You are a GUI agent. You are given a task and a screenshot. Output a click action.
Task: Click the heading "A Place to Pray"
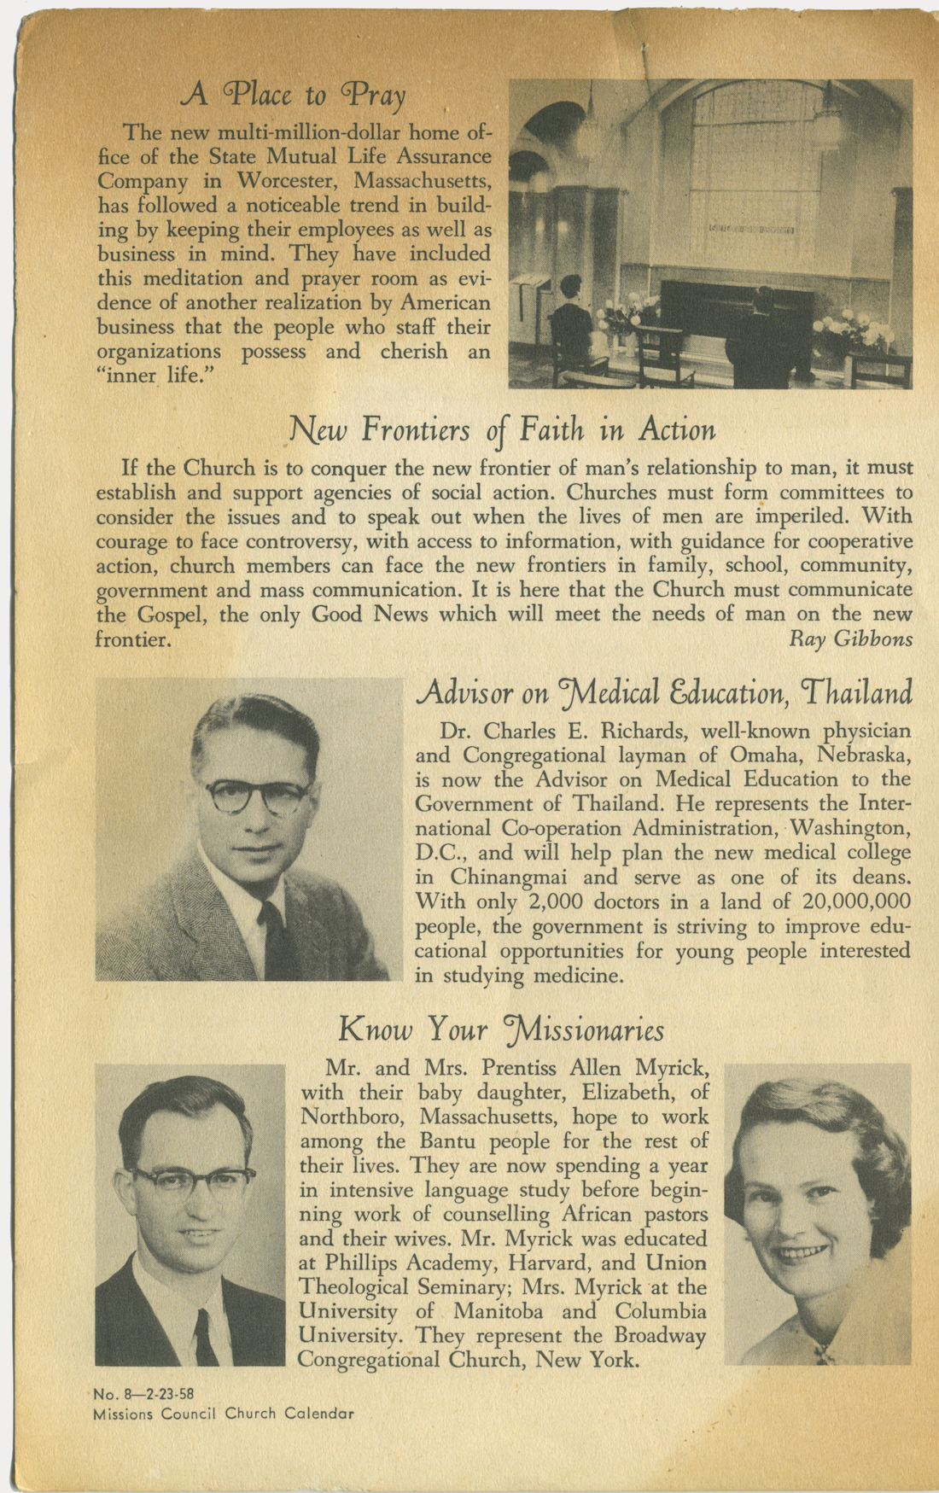tap(293, 95)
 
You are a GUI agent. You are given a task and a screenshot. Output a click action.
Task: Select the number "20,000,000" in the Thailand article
tap(856, 901)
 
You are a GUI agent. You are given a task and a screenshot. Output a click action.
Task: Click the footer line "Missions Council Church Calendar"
tap(224, 1413)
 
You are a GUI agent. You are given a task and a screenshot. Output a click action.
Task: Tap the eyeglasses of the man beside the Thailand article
tap(258, 796)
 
